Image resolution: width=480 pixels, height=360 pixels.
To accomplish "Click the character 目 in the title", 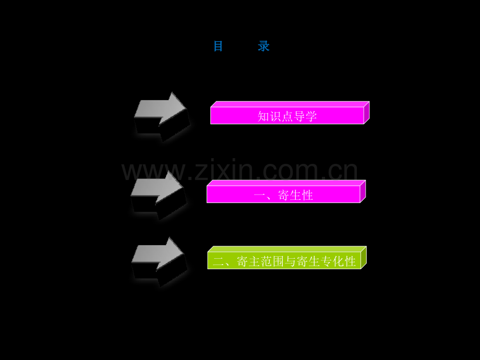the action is pyautogui.click(x=218, y=46).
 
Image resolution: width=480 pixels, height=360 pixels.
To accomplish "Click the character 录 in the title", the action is pyautogui.click(x=263, y=46).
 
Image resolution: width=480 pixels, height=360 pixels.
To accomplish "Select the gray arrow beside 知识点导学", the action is pyautogui.click(x=162, y=117).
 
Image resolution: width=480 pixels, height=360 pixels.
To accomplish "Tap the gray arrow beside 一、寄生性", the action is pyautogui.click(x=159, y=195).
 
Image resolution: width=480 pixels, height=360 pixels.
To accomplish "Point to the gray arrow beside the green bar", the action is pyautogui.click(x=159, y=262).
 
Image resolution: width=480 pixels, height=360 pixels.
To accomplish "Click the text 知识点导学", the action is pyautogui.click(x=287, y=116).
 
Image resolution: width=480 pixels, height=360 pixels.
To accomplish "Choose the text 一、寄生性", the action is pyautogui.click(x=283, y=195).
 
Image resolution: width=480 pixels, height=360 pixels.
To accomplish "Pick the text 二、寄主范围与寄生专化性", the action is pyautogui.click(x=284, y=261).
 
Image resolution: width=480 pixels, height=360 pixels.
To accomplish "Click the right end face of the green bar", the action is pyautogui.click(x=364, y=257).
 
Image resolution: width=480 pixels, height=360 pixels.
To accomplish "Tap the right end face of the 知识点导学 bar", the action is pyautogui.click(x=367, y=112).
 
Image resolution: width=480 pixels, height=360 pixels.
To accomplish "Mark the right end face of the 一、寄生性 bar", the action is pyautogui.click(x=363, y=191).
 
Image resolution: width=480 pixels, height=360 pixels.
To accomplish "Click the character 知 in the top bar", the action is pyautogui.click(x=263, y=116).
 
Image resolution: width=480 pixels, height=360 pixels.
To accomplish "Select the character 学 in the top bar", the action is pyautogui.click(x=311, y=116).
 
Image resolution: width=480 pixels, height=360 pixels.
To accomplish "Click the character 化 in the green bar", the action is pyautogui.click(x=338, y=261).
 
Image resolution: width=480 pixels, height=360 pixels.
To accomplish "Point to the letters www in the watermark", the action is pyautogui.click(x=154, y=172).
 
